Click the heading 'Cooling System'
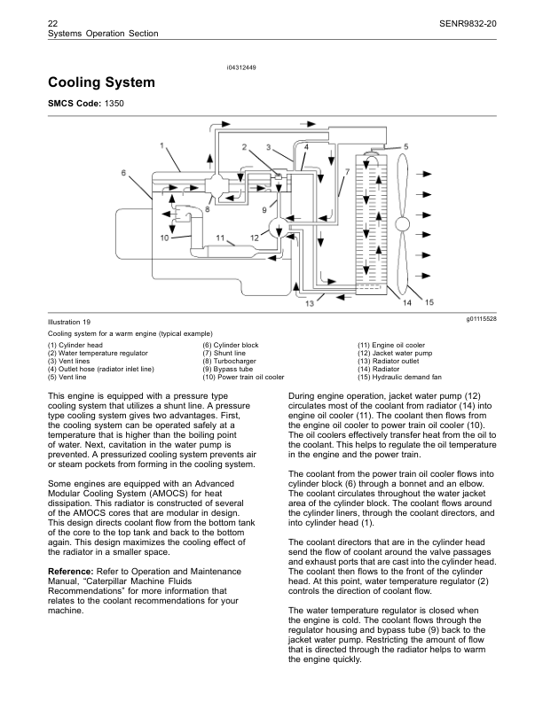tap(102, 83)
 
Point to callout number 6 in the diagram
tap(124, 173)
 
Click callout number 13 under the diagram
tap(310, 303)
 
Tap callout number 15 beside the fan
tap(429, 303)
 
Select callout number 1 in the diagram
tap(162, 144)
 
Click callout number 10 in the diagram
tap(165, 238)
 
